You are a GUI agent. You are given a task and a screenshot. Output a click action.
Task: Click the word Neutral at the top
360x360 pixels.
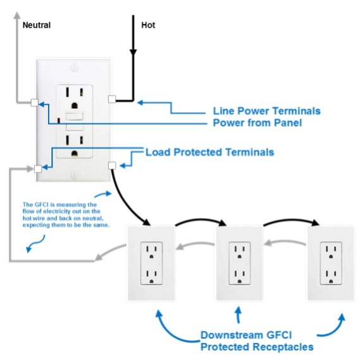(x=37, y=25)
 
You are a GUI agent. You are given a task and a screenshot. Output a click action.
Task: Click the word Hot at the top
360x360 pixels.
(x=148, y=25)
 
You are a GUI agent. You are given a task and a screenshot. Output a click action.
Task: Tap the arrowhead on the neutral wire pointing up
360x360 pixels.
(x=16, y=15)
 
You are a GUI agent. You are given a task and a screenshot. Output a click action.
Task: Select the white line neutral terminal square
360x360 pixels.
(x=35, y=102)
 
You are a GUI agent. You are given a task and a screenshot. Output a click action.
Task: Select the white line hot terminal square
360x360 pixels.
(x=112, y=99)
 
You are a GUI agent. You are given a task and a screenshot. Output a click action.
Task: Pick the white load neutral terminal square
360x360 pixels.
(x=38, y=169)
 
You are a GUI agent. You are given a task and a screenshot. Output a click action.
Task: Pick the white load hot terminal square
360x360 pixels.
(x=112, y=165)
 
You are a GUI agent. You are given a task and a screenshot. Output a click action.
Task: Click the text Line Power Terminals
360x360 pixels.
(x=266, y=111)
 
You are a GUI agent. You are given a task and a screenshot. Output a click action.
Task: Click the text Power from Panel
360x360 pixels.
(x=257, y=123)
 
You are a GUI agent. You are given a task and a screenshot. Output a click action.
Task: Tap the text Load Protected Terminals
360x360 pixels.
(x=210, y=152)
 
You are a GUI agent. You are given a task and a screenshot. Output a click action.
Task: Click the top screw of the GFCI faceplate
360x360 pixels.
(x=73, y=68)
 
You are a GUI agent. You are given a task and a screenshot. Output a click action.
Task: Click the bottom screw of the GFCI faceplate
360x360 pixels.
(x=73, y=176)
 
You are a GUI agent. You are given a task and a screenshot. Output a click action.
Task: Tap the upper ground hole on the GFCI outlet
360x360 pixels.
(x=75, y=106)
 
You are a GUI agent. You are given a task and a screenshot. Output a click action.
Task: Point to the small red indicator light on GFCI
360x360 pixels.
(x=59, y=120)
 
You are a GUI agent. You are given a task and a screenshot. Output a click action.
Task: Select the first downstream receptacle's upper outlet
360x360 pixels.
(x=151, y=252)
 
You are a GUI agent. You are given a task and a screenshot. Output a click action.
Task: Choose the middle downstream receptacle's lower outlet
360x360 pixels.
(x=239, y=276)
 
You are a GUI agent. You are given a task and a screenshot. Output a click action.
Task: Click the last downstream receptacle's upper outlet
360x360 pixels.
(x=331, y=252)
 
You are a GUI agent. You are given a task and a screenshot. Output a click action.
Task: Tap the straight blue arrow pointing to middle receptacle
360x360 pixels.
(x=239, y=315)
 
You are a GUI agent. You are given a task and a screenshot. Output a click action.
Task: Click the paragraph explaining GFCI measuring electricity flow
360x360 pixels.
(x=66, y=214)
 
